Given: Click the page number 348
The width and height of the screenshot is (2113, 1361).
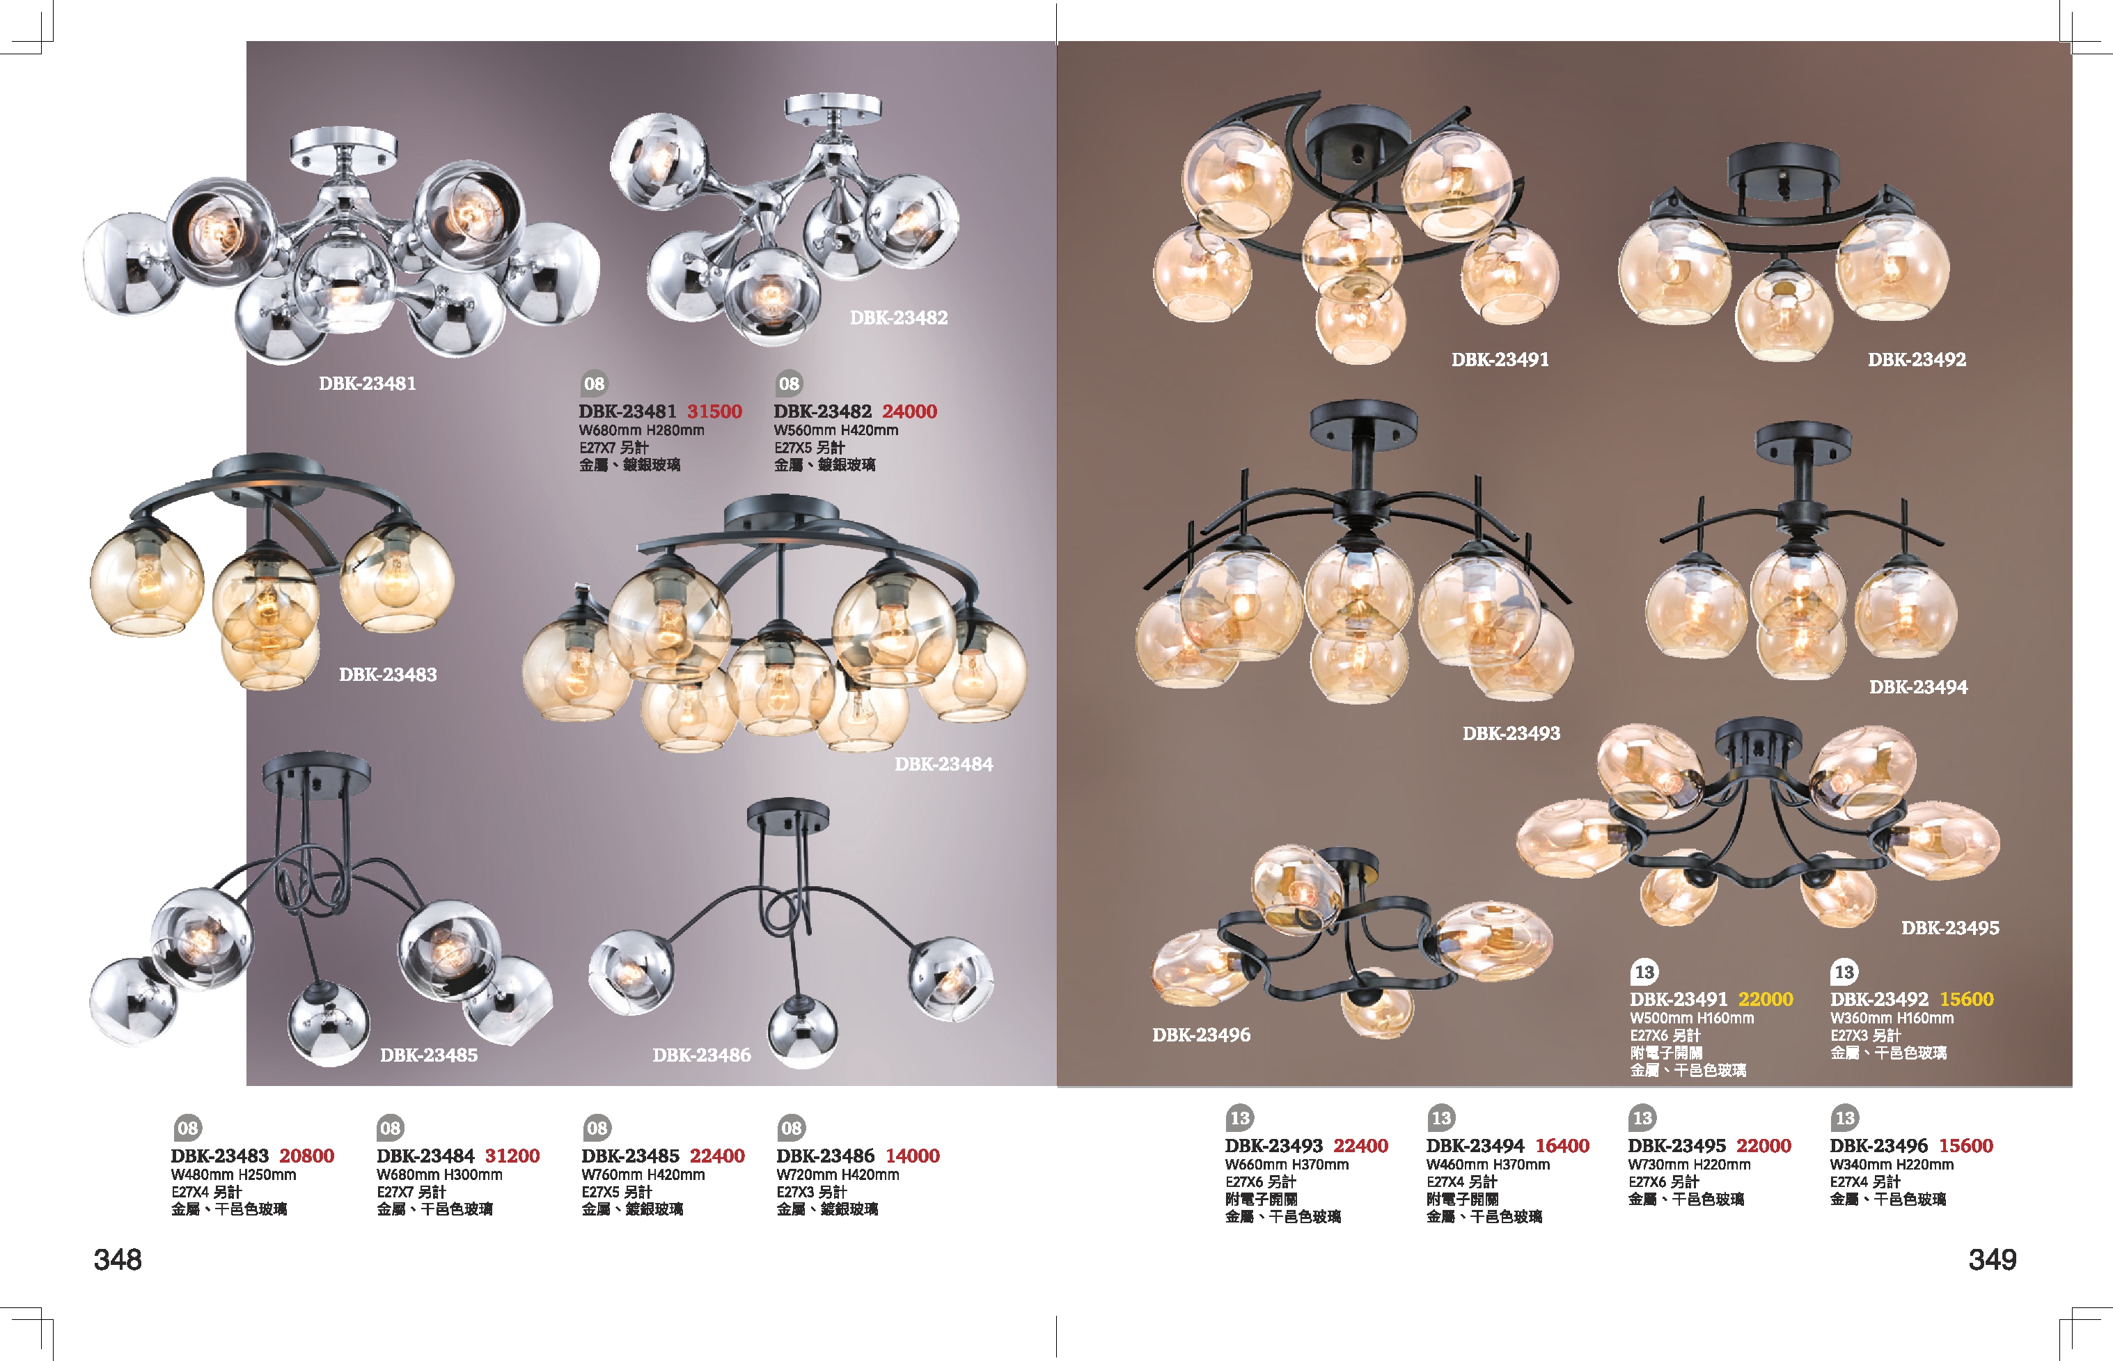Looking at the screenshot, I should (x=118, y=1259).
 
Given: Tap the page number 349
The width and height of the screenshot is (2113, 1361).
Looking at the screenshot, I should (x=1992, y=1259).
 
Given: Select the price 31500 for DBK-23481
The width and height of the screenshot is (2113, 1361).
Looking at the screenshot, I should (x=714, y=411).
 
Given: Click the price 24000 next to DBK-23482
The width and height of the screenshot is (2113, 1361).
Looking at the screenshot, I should (x=909, y=411).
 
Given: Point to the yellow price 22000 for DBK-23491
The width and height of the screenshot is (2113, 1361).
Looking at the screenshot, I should (x=1765, y=999).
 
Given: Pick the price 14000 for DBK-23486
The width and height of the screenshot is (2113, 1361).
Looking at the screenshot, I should (x=912, y=1155).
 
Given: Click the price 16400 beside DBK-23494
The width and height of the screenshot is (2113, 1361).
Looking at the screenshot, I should (x=1562, y=1145).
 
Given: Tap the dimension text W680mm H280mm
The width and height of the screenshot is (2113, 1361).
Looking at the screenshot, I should (x=642, y=430).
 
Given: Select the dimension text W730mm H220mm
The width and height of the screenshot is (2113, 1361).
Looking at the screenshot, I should (x=1689, y=1165).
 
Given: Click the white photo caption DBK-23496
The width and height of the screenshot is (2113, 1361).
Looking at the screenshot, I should (x=1201, y=1034).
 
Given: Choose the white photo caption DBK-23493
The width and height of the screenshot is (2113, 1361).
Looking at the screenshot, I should (x=1511, y=732).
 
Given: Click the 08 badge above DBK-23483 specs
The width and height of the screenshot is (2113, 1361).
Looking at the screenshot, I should (x=187, y=1128).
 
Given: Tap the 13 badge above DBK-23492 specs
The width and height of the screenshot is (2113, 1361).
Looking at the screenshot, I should (x=1844, y=972).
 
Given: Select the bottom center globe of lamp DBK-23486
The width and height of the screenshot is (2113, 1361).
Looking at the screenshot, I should (x=801, y=1034).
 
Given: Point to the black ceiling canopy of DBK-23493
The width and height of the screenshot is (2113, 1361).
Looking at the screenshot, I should (x=1364, y=422).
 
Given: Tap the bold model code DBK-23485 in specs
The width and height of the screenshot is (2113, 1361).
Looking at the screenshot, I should (x=630, y=1155).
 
